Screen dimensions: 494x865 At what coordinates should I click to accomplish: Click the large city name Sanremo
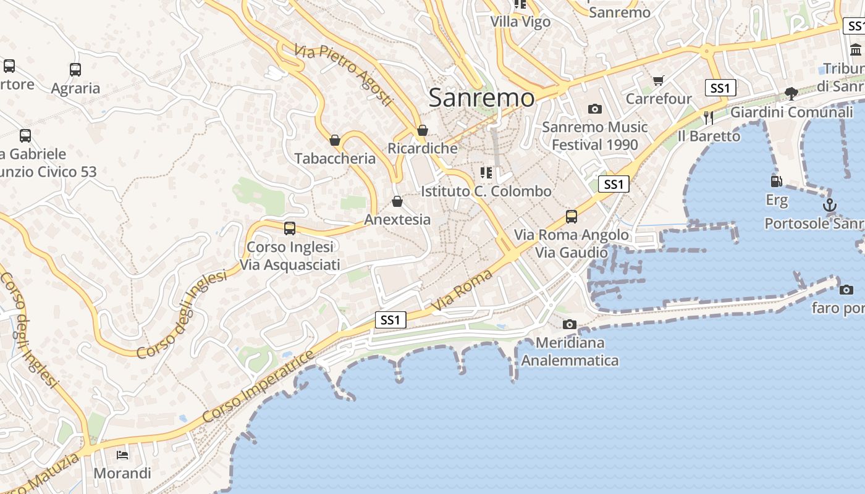[x=481, y=98]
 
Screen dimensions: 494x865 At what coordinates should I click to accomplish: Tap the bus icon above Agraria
[x=75, y=70]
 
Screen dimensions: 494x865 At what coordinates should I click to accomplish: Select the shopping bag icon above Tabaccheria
[x=335, y=140]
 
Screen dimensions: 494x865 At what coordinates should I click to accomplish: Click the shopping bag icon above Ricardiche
[x=423, y=130]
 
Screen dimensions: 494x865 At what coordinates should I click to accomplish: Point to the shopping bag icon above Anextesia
[x=397, y=201]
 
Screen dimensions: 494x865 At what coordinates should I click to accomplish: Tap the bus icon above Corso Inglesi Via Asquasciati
[x=290, y=228]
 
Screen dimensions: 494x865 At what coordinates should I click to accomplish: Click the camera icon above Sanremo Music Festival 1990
[x=595, y=109]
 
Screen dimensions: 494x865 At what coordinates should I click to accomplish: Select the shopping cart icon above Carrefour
[x=659, y=81]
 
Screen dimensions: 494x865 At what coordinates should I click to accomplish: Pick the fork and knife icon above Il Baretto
[x=709, y=117]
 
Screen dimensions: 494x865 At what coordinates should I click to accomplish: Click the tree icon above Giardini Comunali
[x=791, y=94]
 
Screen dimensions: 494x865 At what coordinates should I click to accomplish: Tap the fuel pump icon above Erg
[x=777, y=182]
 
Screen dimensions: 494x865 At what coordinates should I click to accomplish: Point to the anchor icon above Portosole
[x=829, y=205]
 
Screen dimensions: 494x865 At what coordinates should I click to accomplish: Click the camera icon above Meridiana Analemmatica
[x=570, y=324]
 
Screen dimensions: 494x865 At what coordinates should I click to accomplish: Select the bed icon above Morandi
[x=122, y=455]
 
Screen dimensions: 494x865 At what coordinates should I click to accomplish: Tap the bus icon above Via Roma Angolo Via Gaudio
[x=572, y=217]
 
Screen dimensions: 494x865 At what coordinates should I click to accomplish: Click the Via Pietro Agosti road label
[x=344, y=75]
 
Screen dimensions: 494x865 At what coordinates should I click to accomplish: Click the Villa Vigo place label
[x=520, y=22]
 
